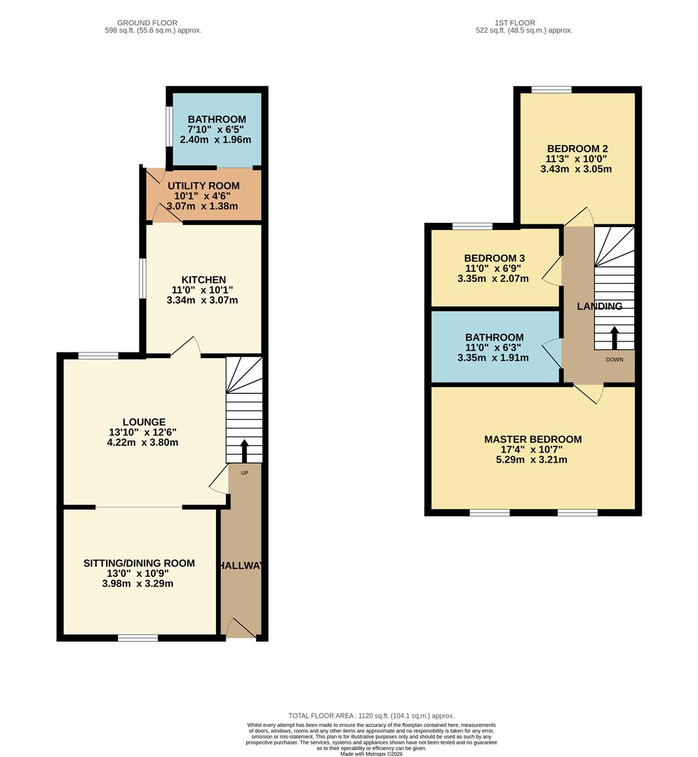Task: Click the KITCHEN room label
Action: (202, 280)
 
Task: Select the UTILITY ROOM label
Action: (203, 186)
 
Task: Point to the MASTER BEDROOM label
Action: (532, 439)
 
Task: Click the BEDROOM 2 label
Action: (577, 149)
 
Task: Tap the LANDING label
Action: (599, 306)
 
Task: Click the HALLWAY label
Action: (241, 566)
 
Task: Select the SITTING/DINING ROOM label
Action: (139, 563)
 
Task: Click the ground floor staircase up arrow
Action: (244, 451)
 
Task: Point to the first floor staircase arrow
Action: (615, 338)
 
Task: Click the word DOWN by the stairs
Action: (615, 360)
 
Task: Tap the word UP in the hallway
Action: (244, 472)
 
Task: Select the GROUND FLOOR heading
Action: (147, 23)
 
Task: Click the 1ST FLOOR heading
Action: (525, 23)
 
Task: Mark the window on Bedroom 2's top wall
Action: (551, 90)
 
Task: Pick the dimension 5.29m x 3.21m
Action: (532, 460)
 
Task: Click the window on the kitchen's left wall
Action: (142, 278)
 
